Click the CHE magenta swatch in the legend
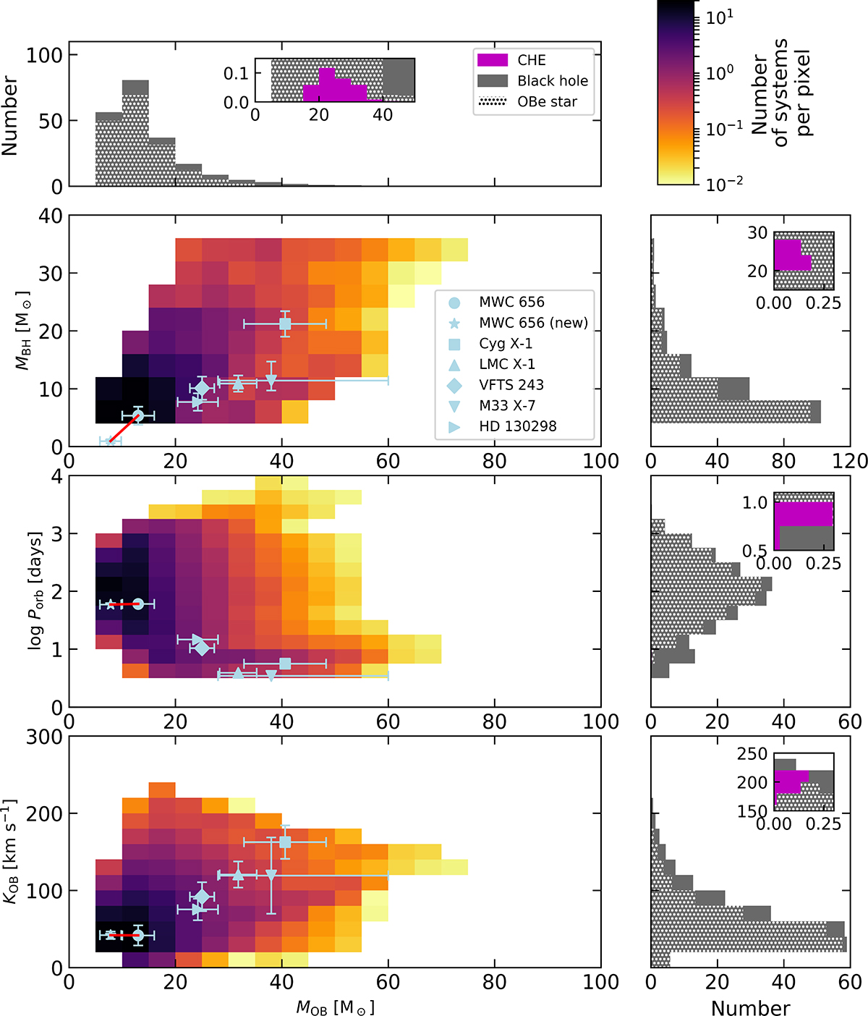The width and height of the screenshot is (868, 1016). coord(493,60)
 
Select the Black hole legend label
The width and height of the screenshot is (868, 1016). coord(553,81)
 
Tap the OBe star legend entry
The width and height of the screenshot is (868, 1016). coord(547,102)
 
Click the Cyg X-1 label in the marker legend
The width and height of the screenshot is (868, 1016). coord(506,344)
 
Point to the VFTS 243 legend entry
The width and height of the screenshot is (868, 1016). coord(511,385)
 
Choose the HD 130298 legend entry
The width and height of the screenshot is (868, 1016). coord(518,426)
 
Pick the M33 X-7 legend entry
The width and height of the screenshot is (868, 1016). coord(507,405)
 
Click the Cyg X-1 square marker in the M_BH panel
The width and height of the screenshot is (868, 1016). coord(285,324)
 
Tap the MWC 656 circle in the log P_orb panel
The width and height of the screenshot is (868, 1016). coord(138,604)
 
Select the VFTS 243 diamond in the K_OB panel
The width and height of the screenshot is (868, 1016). coord(202,897)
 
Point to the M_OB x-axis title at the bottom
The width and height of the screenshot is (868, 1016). coord(335,1007)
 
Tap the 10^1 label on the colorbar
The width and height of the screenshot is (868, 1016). coord(719,17)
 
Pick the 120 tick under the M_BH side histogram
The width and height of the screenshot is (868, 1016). coord(851,461)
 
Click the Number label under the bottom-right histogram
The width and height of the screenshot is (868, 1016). coord(750,1008)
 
